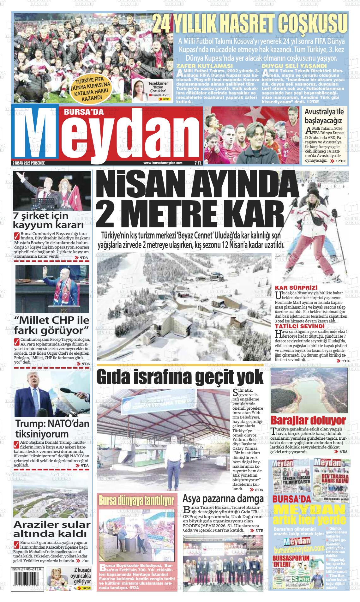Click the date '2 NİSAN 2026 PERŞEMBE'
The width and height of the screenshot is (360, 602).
tap(29, 163)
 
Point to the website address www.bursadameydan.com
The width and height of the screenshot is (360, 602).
tap(163, 163)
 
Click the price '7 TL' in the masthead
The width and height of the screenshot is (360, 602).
tap(198, 163)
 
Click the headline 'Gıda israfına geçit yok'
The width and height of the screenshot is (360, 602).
tap(180, 377)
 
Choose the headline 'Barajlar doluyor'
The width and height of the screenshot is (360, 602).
tap(308, 420)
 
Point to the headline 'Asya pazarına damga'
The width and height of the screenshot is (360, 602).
tap(223, 499)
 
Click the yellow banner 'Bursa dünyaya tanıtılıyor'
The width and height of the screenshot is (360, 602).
tap(137, 501)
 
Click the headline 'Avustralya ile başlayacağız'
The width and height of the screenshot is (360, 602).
tap(323, 116)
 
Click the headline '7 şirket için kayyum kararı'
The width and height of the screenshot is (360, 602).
tap(48, 220)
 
